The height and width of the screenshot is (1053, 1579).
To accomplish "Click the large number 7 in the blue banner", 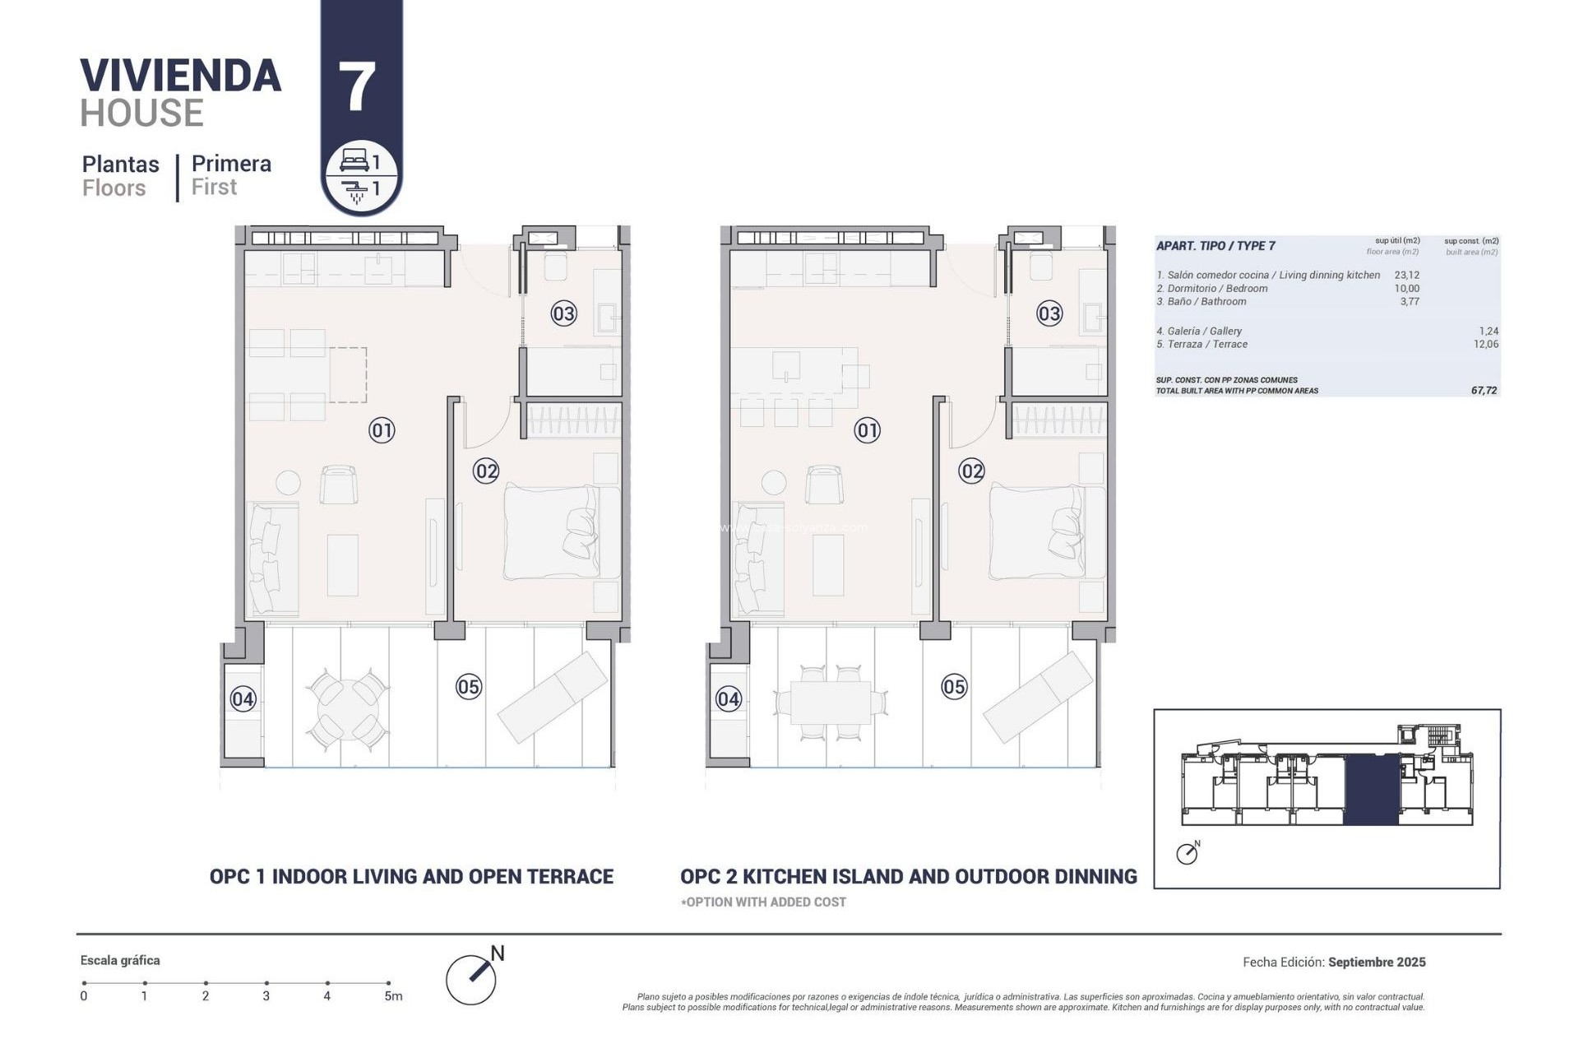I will pyautogui.click(x=357, y=87).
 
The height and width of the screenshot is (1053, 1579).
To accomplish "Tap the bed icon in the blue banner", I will pyautogui.click(x=354, y=160).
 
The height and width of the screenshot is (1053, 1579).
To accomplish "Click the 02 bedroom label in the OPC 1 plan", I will pyautogui.click(x=486, y=471).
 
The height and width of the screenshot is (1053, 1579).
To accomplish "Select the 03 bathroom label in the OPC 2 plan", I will pyautogui.click(x=1049, y=313).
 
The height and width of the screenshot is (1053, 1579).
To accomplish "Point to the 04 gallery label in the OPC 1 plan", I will pyautogui.click(x=243, y=699).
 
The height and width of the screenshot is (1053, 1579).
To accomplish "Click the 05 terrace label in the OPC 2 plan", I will pyautogui.click(x=954, y=687).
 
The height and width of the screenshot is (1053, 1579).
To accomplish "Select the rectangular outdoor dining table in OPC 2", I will pyautogui.click(x=830, y=703).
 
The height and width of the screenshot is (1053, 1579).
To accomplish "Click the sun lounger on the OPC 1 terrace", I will pyautogui.click(x=553, y=697).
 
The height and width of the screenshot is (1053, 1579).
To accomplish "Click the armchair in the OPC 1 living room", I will pyautogui.click(x=338, y=484).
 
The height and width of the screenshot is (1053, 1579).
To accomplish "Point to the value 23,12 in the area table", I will pyautogui.click(x=1406, y=276).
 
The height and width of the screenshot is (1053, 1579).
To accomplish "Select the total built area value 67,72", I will pyautogui.click(x=1484, y=391).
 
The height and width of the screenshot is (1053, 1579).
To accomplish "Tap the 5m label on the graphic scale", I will pyautogui.click(x=393, y=996).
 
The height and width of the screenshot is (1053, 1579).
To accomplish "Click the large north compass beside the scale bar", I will pyautogui.click(x=472, y=978).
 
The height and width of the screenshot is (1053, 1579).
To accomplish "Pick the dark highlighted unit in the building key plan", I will pyautogui.click(x=1371, y=790).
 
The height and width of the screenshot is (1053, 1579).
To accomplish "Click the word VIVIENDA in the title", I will pyautogui.click(x=181, y=76).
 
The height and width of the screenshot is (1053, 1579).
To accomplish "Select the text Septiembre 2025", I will pyautogui.click(x=1377, y=962).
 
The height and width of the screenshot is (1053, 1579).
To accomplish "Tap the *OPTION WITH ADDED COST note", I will pyautogui.click(x=763, y=902).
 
